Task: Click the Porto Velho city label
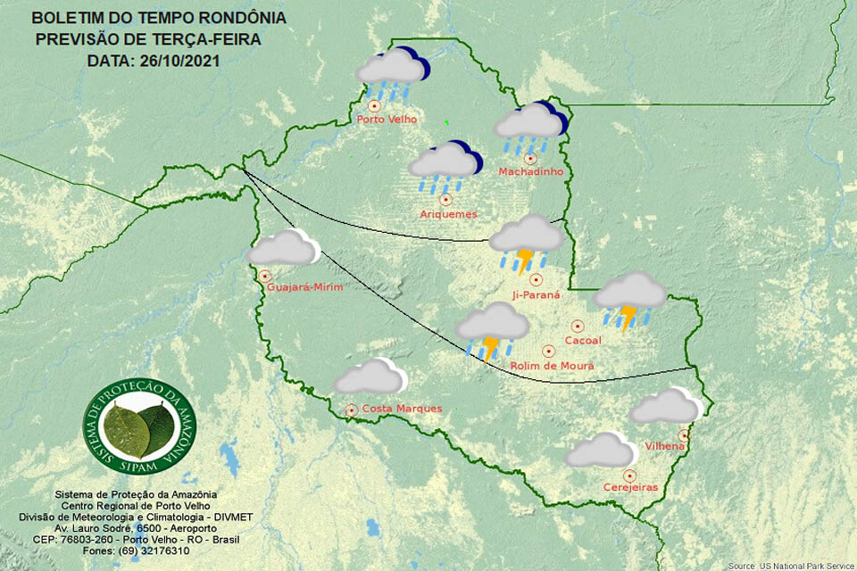click(x=385, y=120)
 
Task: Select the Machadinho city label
click(x=530, y=171)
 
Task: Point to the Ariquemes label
click(x=448, y=214)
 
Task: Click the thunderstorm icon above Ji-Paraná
click(x=527, y=241)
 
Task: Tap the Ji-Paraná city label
click(x=536, y=294)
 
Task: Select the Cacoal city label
click(x=583, y=341)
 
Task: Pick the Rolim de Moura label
click(x=552, y=366)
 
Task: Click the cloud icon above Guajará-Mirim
click(x=283, y=248)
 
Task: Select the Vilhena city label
click(x=665, y=445)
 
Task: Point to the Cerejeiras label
click(x=630, y=487)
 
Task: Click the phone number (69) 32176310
click(x=153, y=550)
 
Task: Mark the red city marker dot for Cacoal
click(x=577, y=327)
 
